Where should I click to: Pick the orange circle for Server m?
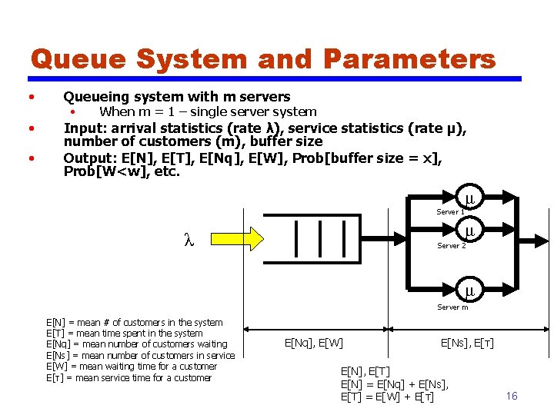(x=469, y=290)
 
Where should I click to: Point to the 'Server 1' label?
(x=450, y=211)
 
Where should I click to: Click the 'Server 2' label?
(x=451, y=246)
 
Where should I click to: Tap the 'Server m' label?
(x=452, y=307)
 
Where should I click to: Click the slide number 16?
(x=512, y=396)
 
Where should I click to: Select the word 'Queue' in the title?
(x=75, y=59)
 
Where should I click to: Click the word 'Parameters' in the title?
(x=409, y=59)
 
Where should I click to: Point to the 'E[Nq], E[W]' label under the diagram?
(x=314, y=343)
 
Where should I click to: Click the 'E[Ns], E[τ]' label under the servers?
(x=467, y=343)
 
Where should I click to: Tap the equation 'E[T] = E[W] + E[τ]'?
(x=387, y=397)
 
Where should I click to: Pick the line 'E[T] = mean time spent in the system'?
(x=125, y=334)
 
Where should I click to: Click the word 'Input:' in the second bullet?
(x=87, y=128)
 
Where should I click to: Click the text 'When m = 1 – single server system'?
(x=208, y=112)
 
